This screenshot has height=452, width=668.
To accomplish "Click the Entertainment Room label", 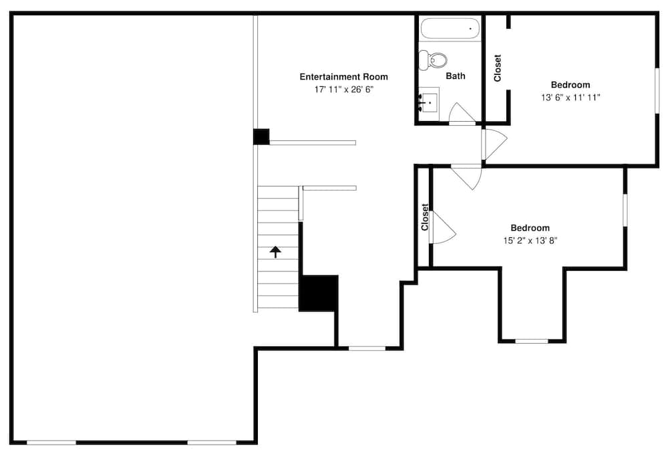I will [343, 77].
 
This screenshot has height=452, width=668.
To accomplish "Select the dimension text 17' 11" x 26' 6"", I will [343, 89].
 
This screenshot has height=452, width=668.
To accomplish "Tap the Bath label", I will [456, 76].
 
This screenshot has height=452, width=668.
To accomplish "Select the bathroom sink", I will [429, 103].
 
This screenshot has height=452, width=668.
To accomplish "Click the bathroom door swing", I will [461, 114].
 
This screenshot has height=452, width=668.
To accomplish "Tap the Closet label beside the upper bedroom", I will [498, 68].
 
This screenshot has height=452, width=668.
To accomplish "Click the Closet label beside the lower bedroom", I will [425, 217].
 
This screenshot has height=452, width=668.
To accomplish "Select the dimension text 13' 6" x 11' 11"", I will [570, 98].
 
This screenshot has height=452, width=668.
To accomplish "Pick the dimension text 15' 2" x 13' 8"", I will [530, 240].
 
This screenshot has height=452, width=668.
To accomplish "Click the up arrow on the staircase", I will [275, 251].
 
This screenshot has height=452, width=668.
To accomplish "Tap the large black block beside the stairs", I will [318, 293].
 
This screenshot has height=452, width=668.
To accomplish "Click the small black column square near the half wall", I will [261, 136].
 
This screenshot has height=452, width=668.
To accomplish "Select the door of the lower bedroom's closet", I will [442, 228].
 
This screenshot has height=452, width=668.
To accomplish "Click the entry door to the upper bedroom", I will [494, 142].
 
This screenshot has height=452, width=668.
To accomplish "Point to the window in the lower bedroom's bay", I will [532, 341].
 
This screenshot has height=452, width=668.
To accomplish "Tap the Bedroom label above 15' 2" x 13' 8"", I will [530, 228].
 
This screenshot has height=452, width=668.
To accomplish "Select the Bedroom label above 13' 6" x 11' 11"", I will [570, 85].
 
